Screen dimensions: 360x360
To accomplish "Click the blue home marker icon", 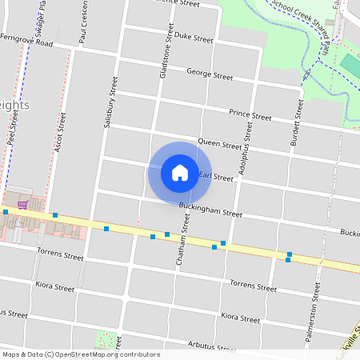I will [180, 172].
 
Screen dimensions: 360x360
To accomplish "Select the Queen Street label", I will [219, 145].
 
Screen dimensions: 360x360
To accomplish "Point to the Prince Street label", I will [250, 115].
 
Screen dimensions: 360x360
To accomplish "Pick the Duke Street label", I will [194, 38].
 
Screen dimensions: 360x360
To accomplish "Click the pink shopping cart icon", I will [23, 205].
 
